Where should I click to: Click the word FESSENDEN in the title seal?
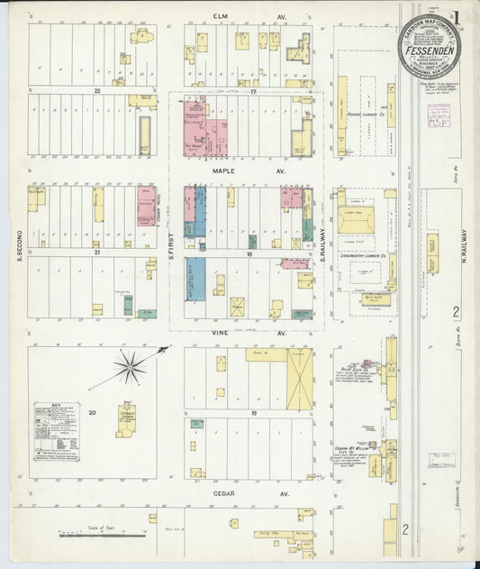[x=430, y=53]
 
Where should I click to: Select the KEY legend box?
[x=56, y=431]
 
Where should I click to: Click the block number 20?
[x=92, y=411]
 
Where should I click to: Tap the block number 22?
[x=94, y=91]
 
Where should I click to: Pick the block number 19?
[x=254, y=412]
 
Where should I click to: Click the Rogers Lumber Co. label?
[x=365, y=114]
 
